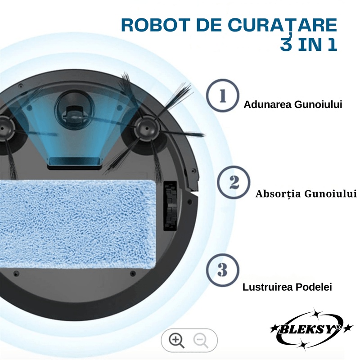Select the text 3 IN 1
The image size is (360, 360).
pos(308,45)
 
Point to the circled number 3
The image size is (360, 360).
pos(222,270)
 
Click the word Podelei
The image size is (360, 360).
pos(316,287)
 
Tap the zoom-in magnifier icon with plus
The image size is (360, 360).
pos(176,340)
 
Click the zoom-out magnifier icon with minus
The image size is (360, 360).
pos(201,340)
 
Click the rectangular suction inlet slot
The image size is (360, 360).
pos(74,160)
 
